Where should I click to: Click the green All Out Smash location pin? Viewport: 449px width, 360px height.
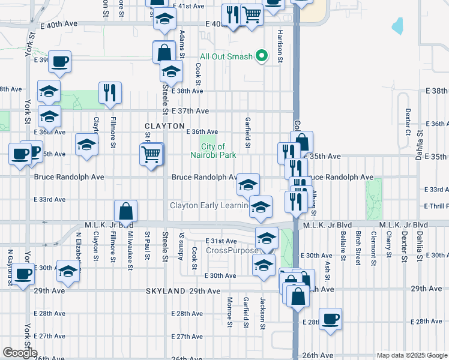click(x=261, y=56)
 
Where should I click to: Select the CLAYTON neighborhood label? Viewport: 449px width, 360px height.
click(x=164, y=126)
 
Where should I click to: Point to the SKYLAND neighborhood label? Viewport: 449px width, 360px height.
click(x=166, y=290)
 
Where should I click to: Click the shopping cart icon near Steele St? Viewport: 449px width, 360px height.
click(x=152, y=154)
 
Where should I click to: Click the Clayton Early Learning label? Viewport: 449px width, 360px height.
click(x=209, y=206)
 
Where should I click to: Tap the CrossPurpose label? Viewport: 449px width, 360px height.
click(x=231, y=250)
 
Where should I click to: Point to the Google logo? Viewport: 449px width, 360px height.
click(x=20, y=353)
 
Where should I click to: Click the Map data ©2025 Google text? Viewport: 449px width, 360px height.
click(x=411, y=355)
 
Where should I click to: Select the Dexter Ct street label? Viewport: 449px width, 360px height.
click(x=408, y=120)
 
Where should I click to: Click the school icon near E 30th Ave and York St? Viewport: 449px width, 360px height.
click(x=68, y=271)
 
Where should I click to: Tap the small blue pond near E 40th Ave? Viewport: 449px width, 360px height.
click(x=397, y=26)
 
